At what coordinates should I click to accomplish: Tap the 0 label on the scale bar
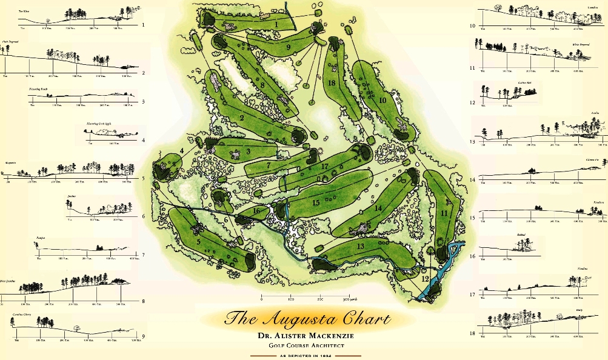coord(262,299)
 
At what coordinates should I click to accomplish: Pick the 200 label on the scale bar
coord(319,299)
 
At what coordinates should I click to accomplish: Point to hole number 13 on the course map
coord(360,246)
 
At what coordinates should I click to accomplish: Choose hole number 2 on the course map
coord(241,117)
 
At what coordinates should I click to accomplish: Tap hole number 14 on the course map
coord(378,208)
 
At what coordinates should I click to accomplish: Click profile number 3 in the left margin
coord(143,101)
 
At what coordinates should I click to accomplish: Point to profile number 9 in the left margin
coord(143,336)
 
